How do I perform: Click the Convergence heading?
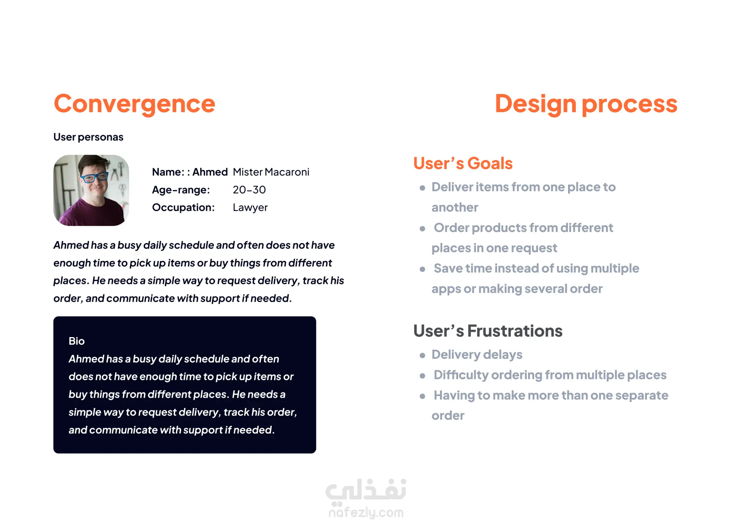tap(135, 104)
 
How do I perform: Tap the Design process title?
tap(586, 104)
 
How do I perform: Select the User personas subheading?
tap(88, 137)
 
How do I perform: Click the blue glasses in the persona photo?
tap(93, 177)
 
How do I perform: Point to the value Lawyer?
tap(250, 208)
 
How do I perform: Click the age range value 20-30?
tap(249, 190)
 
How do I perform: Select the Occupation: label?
tap(183, 208)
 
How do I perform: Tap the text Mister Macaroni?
tap(271, 172)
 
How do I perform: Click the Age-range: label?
tap(181, 190)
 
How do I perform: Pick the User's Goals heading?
tap(463, 163)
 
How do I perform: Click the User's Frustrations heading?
tap(488, 331)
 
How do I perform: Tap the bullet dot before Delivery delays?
tap(422, 355)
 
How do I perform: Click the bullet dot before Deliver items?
tap(422, 188)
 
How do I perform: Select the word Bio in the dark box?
tap(77, 341)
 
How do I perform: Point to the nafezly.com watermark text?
tap(366, 512)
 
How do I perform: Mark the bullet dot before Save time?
tap(422, 269)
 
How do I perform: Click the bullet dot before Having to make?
tap(422, 396)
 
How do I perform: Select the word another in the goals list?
tap(455, 208)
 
